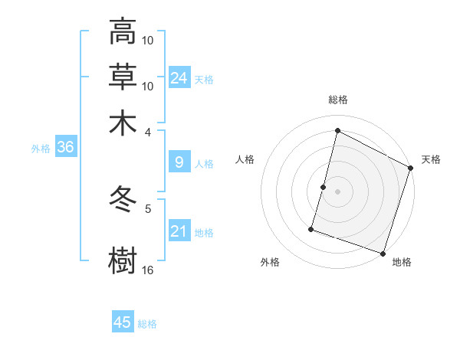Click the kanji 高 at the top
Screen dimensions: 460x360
click(x=123, y=31)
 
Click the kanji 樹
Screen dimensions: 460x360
click(x=123, y=258)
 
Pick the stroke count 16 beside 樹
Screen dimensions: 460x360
click(x=148, y=270)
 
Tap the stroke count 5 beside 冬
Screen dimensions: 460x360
click(x=148, y=208)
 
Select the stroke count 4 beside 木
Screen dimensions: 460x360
click(x=148, y=131)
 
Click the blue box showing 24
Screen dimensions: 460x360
click(x=179, y=77)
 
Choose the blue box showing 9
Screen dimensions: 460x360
click(x=179, y=162)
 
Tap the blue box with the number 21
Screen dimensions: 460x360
click(x=179, y=231)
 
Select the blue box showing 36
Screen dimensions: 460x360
click(x=65, y=147)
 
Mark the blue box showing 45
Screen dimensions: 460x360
click(x=123, y=322)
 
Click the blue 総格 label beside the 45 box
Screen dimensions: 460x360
click(x=147, y=324)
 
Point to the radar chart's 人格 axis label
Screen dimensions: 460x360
click(x=245, y=159)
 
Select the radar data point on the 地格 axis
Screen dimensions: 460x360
click(x=383, y=253)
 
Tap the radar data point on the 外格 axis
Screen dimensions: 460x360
click(x=312, y=228)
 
